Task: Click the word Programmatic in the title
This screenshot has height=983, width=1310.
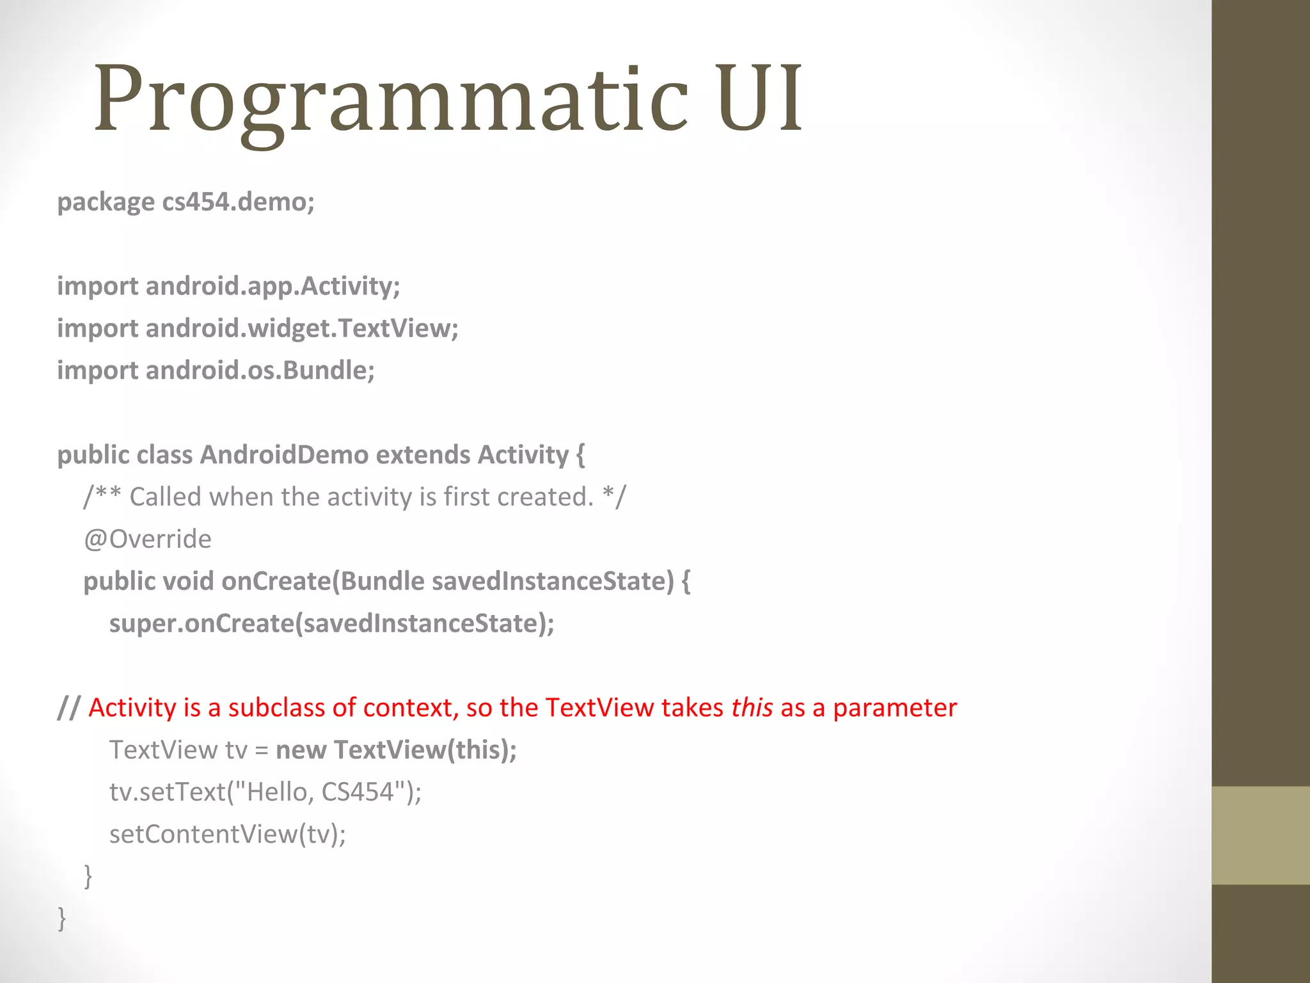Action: tap(390, 99)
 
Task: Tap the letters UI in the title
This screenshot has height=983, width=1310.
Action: tap(759, 99)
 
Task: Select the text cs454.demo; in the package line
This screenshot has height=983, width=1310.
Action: tap(238, 202)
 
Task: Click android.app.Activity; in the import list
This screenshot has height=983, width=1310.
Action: tap(272, 286)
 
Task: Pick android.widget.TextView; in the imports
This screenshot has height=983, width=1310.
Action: tap(302, 328)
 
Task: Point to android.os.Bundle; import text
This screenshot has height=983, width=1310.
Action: tap(260, 371)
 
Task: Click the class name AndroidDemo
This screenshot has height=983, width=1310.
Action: tap(284, 455)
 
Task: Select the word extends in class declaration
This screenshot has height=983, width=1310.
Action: tap(423, 455)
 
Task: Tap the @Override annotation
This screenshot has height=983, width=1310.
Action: tap(147, 539)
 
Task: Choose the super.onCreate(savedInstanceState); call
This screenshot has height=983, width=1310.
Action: tap(331, 624)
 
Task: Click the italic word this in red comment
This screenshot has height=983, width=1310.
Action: tap(752, 708)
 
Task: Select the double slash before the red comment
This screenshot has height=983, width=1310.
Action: tap(68, 708)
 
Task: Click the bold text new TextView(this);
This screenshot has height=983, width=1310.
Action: tap(396, 750)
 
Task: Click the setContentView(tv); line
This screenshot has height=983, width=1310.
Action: tap(227, 835)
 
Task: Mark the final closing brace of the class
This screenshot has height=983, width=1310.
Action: tap(62, 918)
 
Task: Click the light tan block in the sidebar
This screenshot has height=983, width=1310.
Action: tap(1260, 835)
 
